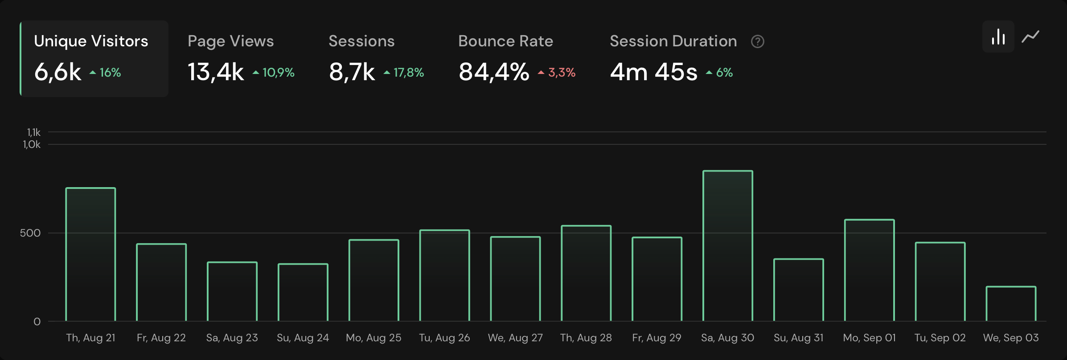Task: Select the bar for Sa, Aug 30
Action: [728, 245]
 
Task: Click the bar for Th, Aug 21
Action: [90, 254]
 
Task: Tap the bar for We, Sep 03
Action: [1011, 303]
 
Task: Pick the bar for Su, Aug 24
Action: [303, 292]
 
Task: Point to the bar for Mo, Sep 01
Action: [869, 270]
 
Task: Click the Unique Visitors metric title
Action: [91, 41]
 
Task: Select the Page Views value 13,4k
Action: [216, 72]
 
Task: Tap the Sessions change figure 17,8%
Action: [408, 72]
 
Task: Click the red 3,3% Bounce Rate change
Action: [562, 72]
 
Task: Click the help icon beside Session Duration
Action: [758, 41]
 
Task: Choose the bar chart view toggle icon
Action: [998, 37]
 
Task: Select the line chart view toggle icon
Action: [1030, 37]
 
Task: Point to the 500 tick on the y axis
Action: [30, 233]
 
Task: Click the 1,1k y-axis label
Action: [33, 132]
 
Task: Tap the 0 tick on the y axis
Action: [37, 322]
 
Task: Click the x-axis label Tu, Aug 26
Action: [444, 338]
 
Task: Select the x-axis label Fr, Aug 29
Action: [657, 338]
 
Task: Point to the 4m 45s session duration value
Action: [653, 72]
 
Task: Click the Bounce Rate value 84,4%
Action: [494, 72]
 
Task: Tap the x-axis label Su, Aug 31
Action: [798, 338]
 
